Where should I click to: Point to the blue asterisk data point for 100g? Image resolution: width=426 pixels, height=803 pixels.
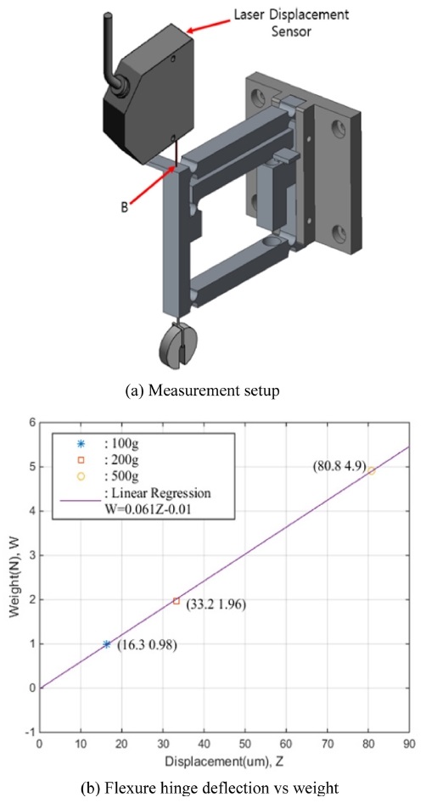coord(107,644)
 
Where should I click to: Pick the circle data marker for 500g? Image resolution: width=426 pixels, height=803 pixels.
coord(371,470)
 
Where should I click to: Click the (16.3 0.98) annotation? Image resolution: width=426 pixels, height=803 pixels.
coord(147,645)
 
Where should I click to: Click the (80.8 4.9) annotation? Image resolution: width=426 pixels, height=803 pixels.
coord(338,467)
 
